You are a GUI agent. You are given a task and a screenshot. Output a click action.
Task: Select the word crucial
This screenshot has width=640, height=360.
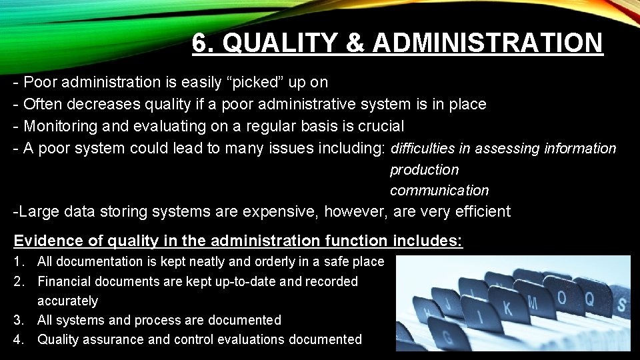point(381,126)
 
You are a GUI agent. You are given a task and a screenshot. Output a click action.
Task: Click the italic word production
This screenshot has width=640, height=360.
point(424,170)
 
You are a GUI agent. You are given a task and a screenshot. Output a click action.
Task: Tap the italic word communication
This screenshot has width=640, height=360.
point(439,191)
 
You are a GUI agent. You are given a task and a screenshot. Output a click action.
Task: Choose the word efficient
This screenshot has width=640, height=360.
point(480,212)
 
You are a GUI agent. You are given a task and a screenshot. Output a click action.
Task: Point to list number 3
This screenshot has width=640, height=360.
point(18,321)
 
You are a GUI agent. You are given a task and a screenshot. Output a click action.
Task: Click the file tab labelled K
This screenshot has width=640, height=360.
point(509,309)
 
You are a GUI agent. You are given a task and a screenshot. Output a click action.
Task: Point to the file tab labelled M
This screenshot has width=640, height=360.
point(533,302)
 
